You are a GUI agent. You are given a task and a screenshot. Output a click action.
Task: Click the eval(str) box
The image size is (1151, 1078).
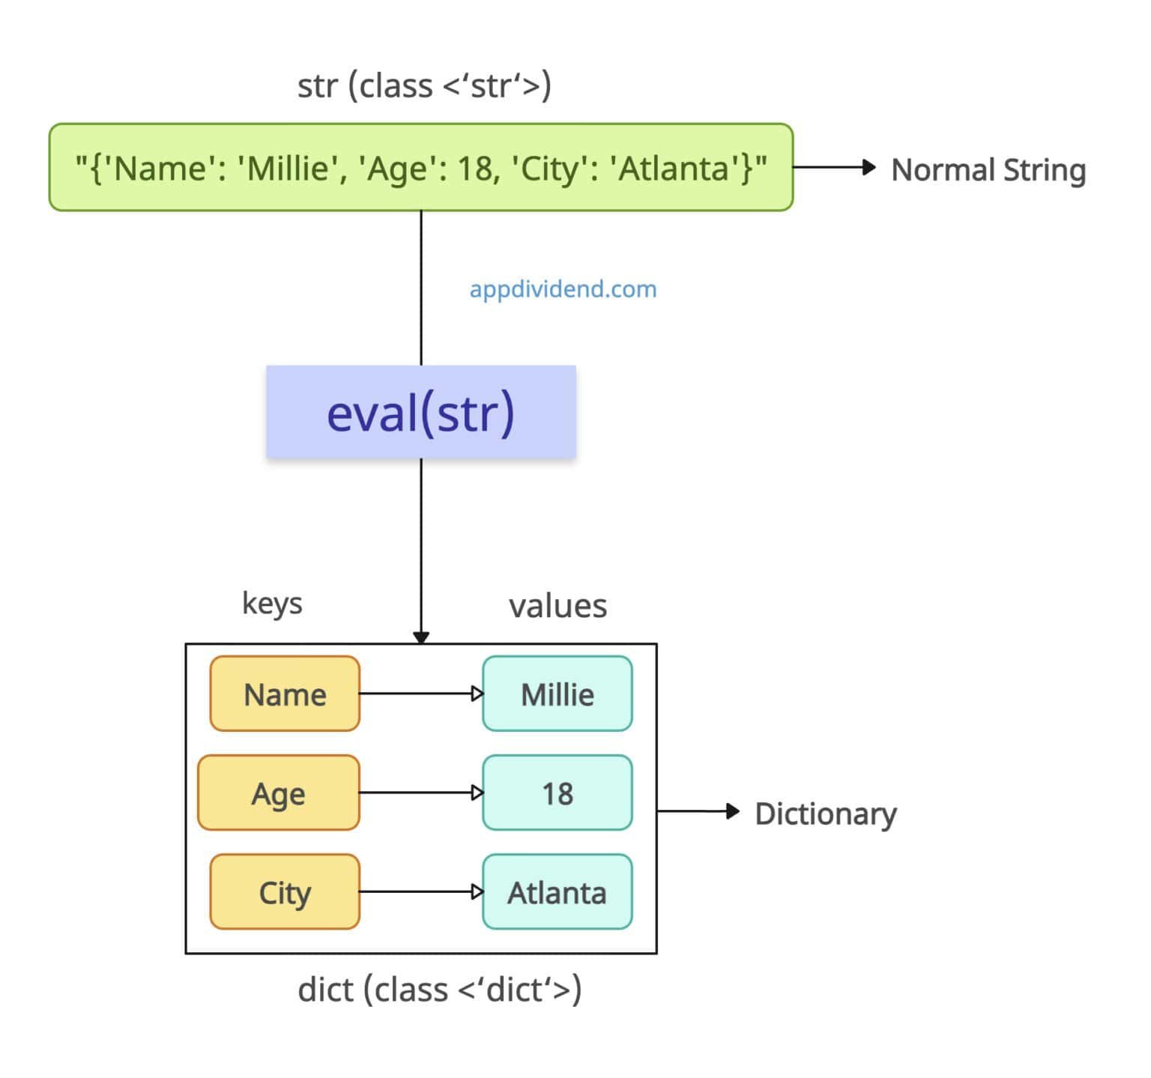tap(420, 412)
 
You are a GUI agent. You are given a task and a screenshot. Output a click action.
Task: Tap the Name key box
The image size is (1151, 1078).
tap(285, 694)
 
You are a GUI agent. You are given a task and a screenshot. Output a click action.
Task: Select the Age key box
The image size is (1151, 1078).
tap(279, 793)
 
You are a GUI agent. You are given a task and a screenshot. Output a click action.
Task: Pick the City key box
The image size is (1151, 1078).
tap(285, 891)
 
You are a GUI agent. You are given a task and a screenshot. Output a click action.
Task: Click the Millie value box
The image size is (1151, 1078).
tap(558, 694)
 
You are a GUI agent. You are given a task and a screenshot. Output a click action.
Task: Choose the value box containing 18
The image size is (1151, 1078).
tap(558, 793)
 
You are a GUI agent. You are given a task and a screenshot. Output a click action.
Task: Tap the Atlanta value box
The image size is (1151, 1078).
tap(558, 891)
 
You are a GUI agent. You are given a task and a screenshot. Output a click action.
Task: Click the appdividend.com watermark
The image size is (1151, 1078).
tap(563, 289)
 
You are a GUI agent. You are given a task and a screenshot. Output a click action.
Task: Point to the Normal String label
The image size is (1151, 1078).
tap(988, 169)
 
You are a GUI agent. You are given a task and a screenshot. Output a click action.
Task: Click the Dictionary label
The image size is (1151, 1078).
tap(825, 814)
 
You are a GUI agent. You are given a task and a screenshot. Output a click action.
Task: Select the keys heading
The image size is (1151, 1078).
tap(272, 603)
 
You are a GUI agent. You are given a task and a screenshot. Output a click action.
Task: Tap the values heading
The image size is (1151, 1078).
tap(558, 605)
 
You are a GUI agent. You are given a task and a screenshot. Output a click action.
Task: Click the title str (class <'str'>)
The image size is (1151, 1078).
tap(424, 85)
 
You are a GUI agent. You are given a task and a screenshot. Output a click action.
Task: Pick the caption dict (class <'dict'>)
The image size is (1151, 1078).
tap(439, 990)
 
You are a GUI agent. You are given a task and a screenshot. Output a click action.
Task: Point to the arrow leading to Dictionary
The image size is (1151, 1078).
tap(698, 811)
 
